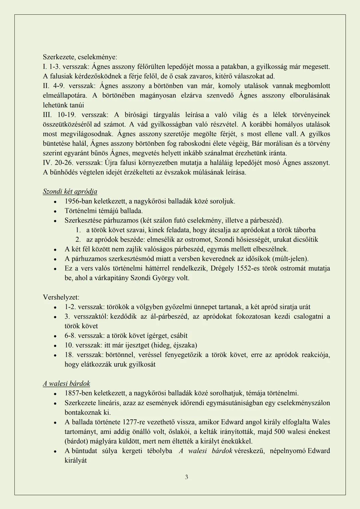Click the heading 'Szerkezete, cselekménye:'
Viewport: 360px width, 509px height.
80,57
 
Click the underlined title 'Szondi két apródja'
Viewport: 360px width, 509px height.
70,191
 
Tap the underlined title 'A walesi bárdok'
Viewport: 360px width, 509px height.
66,384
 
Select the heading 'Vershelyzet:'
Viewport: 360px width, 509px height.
61,297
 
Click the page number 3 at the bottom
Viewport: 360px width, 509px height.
186,477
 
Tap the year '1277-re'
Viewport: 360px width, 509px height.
134,422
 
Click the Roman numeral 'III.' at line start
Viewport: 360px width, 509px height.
47,115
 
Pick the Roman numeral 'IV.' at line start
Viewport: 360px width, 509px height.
47,163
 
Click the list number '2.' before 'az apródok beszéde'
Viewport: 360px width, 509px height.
78,239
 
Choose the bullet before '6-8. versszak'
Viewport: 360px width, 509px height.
55,336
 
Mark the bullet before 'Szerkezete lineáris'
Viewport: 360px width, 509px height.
55,403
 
